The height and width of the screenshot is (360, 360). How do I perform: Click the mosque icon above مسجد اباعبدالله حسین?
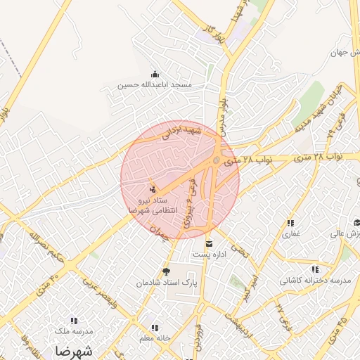[x=155, y=75]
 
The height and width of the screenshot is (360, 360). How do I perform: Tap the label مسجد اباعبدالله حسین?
[x=155, y=84]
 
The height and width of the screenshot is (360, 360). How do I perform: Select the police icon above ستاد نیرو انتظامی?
[x=153, y=188]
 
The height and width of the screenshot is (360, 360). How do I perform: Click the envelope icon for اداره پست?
[x=208, y=244]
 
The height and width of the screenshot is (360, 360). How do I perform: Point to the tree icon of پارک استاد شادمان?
[x=167, y=271]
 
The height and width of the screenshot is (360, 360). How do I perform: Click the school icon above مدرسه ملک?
[x=73, y=321]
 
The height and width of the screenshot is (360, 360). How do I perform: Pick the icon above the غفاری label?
[x=290, y=223]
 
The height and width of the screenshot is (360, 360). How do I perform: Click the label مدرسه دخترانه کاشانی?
[x=315, y=279]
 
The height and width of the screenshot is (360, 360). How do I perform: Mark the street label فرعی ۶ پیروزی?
[x=190, y=200]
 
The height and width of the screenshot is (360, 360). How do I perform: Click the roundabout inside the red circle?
[x=216, y=161]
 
